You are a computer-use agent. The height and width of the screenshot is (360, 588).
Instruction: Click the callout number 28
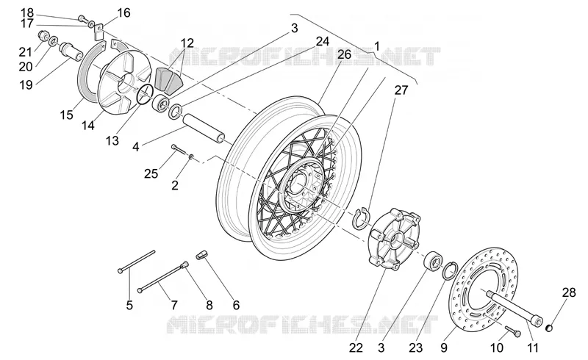click(569, 292)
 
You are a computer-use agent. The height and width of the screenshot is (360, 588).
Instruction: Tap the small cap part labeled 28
click(549, 328)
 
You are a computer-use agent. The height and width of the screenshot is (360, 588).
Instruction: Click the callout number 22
click(356, 348)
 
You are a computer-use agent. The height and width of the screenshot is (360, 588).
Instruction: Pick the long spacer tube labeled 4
click(204, 128)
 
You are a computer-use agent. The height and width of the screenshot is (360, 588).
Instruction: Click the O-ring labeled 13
click(145, 94)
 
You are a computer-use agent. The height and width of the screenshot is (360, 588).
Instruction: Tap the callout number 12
click(187, 43)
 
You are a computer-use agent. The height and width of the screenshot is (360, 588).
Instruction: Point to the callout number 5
click(129, 305)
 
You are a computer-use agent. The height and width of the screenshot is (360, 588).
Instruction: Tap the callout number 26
click(344, 54)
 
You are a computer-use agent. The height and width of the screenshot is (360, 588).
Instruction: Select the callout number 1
click(377, 46)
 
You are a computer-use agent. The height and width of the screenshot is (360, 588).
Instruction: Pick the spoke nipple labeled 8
click(184, 265)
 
